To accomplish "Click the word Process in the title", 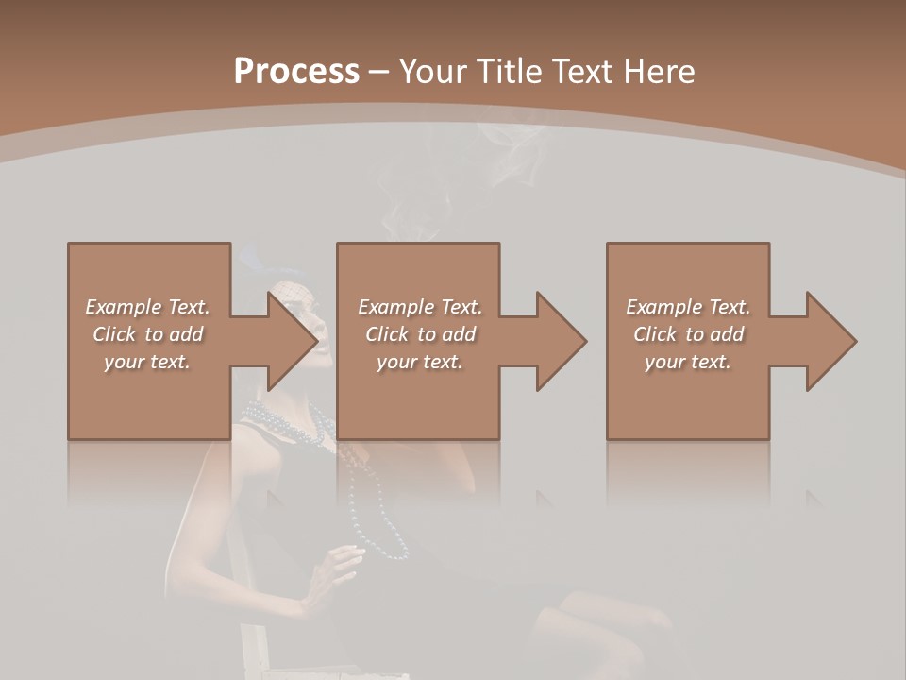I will coord(296,72).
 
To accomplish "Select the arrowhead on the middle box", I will coord(560,341).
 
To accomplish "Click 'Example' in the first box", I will coord(124,307).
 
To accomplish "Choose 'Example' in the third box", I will coord(664,307).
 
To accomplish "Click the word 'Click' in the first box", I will coord(114,334).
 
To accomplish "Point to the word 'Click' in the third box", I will coord(655,334).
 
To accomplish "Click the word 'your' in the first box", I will coord(124,362).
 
